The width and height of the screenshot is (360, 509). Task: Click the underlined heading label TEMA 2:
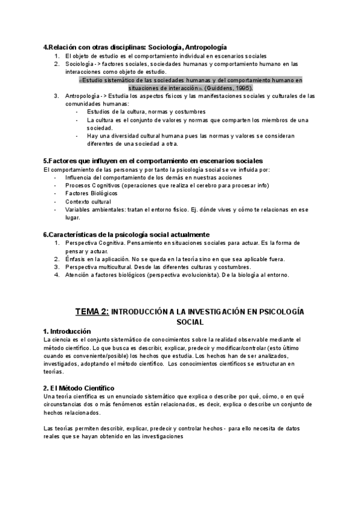[92, 312]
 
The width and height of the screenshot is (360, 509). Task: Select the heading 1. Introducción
[67, 331]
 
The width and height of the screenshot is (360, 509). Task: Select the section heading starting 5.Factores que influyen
[153, 161]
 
